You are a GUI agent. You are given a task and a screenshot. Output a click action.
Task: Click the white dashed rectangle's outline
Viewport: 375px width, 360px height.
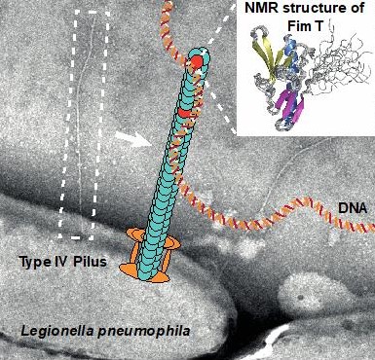60,126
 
